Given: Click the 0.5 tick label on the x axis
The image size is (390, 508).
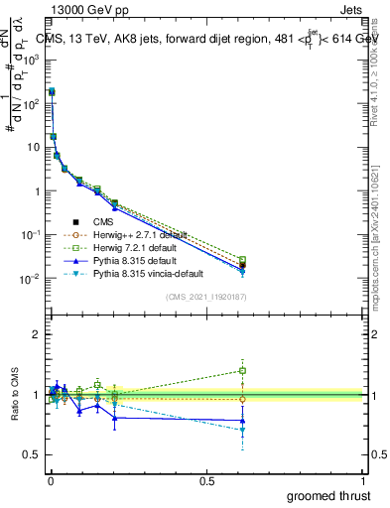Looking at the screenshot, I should (206, 480).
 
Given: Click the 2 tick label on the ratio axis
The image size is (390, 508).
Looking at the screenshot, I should (35, 334).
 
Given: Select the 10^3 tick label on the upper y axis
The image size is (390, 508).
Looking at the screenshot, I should (32, 60).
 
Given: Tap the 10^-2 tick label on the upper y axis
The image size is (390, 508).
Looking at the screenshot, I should (31, 279).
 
